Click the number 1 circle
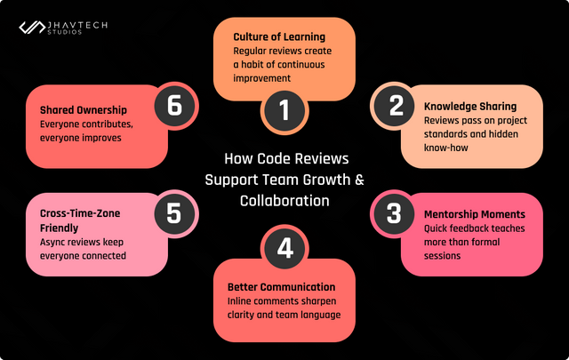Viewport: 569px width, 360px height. coord(284,110)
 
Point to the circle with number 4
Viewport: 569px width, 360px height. coord(284,249)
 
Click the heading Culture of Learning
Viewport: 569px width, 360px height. coord(278,37)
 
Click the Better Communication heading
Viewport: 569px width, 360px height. coord(281,287)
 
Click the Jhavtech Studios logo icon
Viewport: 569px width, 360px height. coord(32,28)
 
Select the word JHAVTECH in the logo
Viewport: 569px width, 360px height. coord(77,24)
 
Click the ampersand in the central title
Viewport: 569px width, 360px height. coord(359,179)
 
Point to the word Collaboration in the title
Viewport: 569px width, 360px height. coord(284,200)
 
